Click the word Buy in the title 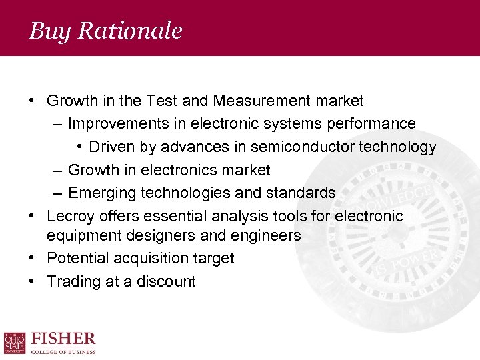tap(46, 31)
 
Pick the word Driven tap(111, 147)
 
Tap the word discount tap(166, 281)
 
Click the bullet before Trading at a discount tap(31, 281)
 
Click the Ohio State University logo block tap(15, 343)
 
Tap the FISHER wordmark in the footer tap(64, 339)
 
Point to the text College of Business tap(64, 351)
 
